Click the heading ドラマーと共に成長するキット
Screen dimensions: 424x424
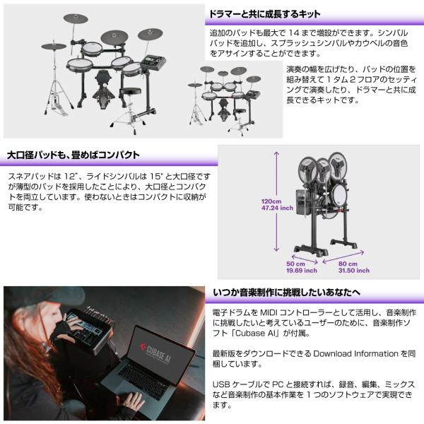click(265, 14)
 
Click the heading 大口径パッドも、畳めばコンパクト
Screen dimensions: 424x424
click(73, 155)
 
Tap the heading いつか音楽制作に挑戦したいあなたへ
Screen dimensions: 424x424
click(286, 293)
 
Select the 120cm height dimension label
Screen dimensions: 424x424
click(277, 205)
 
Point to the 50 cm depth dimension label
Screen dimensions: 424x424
click(302, 267)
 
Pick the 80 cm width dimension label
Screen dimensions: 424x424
click(354, 267)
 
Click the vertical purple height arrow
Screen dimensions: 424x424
click(276, 201)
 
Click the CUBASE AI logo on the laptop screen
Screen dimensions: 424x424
click(156, 352)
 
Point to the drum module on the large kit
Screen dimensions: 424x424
click(154, 63)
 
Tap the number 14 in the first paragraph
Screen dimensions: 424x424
click(294, 33)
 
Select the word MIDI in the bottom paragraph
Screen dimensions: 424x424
click(269, 312)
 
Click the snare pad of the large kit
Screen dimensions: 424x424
click(80, 64)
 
